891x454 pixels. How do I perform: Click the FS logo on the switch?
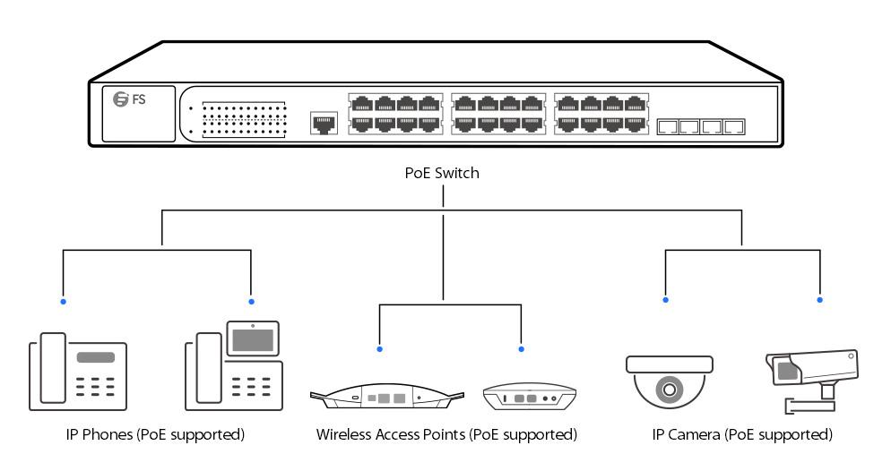(130, 99)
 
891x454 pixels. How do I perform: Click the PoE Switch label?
(443, 174)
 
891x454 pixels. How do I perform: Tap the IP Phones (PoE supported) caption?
(155, 435)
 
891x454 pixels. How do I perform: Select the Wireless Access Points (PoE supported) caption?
(445, 435)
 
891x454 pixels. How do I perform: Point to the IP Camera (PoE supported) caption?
(742, 435)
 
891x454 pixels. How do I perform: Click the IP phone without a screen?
(76, 372)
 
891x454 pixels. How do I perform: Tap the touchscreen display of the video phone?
(253, 339)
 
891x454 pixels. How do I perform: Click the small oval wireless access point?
(528, 396)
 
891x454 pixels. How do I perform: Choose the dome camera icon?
(669, 381)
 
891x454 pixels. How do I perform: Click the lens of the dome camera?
(669, 390)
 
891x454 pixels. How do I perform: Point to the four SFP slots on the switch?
(701, 126)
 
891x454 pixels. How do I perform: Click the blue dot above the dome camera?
(665, 300)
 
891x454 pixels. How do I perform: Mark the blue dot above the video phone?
(251, 301)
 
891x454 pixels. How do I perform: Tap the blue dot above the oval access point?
(522, 348)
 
